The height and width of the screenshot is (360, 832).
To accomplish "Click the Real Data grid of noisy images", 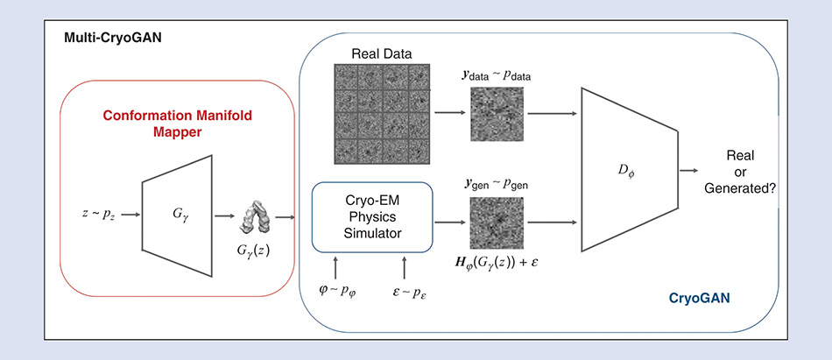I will coord(382,114).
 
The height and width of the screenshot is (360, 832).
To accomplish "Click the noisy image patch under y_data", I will coord(497,115).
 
